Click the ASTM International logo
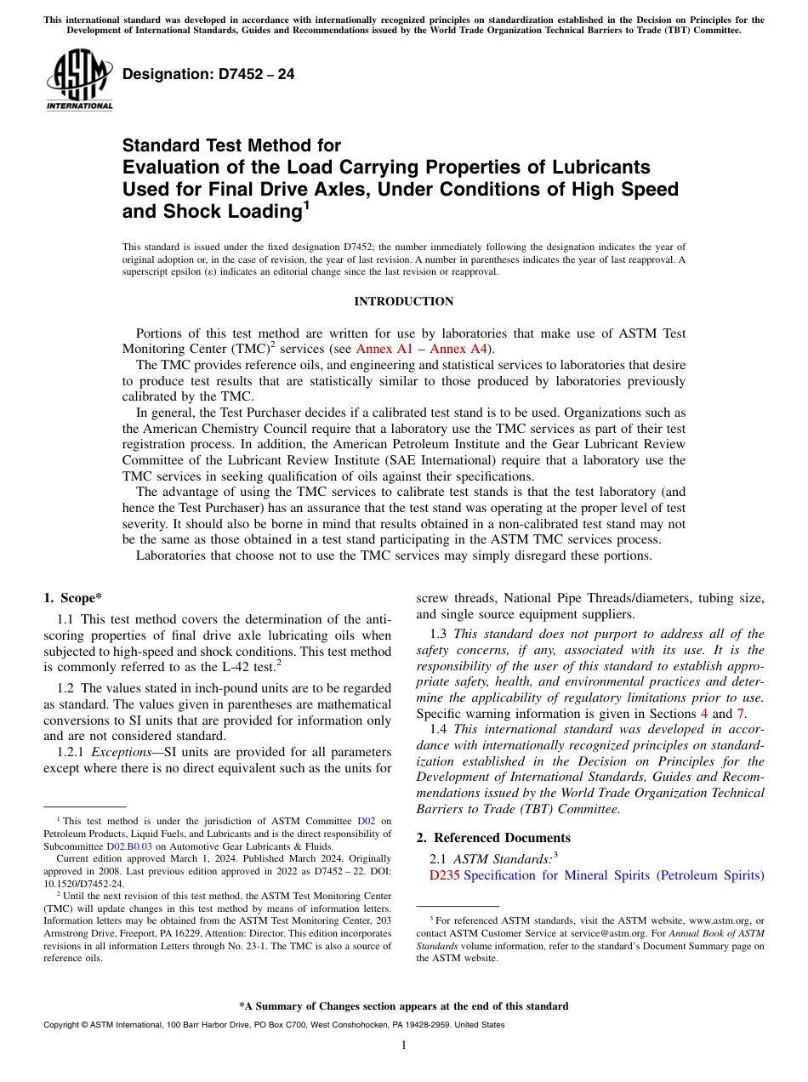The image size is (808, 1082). point(79,81)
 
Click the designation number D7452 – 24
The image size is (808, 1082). point(208,74)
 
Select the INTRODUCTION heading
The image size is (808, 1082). point(403,301)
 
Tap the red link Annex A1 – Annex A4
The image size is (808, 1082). point(418,349)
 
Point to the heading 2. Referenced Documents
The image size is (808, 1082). point(493,838)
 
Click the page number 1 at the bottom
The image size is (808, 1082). point(404,1045)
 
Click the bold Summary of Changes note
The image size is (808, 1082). point(403,1006)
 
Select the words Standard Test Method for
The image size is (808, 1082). point(231,145)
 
